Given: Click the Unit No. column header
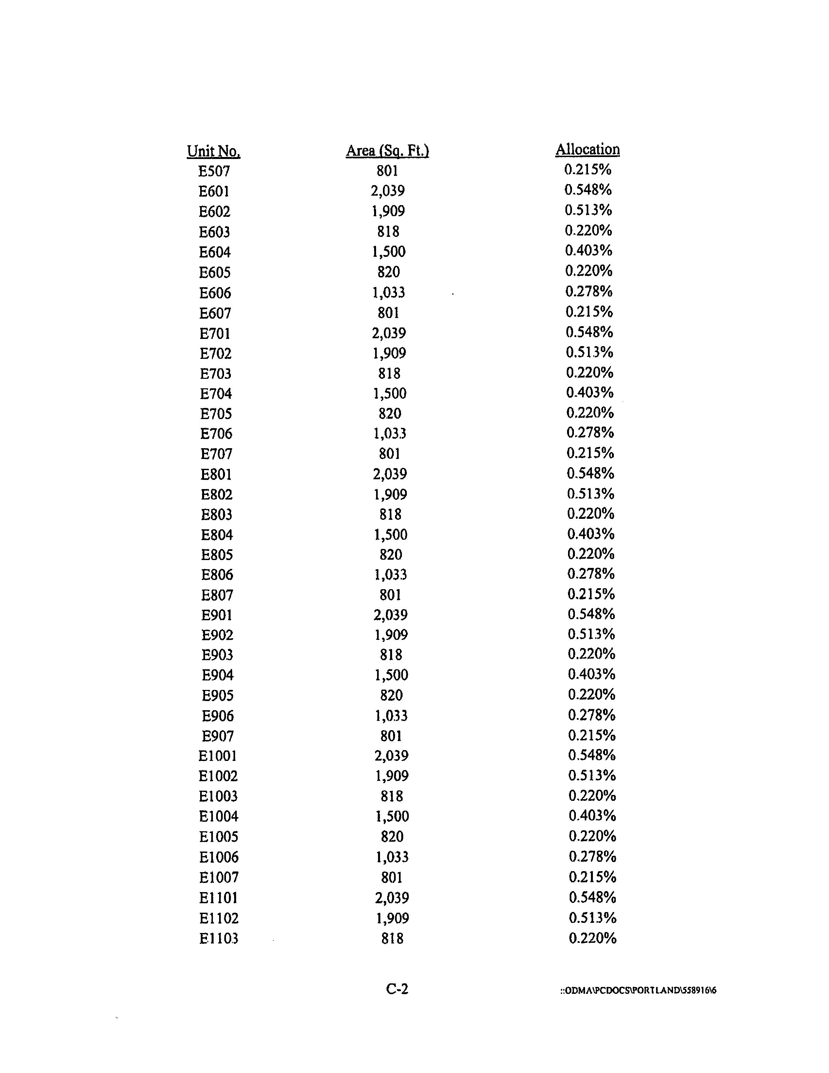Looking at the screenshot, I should [x=214, y=151].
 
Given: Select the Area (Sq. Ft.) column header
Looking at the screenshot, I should [x=388, y=150].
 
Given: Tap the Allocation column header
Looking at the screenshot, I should [x=587, y=150].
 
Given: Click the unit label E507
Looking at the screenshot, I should [x=214, y=171].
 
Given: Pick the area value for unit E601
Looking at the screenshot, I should [x=388, y=191].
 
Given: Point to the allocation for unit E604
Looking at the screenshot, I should [x=588, y=251].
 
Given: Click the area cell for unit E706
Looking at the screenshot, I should [x=389, y=433].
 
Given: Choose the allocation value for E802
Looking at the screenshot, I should [x=590, y=493].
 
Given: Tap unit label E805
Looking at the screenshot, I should [x=216, y=555].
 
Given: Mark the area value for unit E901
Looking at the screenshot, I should [x=390, y=615].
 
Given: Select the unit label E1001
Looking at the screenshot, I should [x=217, y=756].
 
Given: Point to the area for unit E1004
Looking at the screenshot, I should [x=392, y=816].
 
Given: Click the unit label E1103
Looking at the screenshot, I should [x=218, y=938].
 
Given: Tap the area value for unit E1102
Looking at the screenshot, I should [x=392, y=918].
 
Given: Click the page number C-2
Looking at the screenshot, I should [x=397, y=989].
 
